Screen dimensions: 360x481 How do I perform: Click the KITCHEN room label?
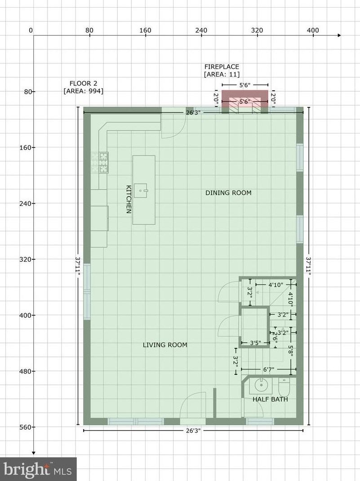(129, 199)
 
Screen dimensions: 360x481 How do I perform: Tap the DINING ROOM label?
(228, 193)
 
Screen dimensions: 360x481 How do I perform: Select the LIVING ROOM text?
(165, 345)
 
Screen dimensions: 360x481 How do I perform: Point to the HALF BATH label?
(270, 399)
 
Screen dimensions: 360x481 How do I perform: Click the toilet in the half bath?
(284, 387)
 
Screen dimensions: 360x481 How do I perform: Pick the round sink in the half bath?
(261, 385)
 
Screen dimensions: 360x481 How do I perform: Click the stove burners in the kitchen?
(100, 163)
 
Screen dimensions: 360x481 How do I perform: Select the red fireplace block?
(244, 102)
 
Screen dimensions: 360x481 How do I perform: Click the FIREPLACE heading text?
(222, 67)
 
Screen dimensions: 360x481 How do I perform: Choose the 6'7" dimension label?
(269, 370)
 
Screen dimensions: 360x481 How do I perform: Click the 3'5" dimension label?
(255, 343)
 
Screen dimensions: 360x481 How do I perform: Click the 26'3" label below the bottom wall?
(193, 430)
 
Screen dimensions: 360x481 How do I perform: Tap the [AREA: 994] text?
(84, 91)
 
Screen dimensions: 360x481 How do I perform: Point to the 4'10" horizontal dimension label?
(276, 285)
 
